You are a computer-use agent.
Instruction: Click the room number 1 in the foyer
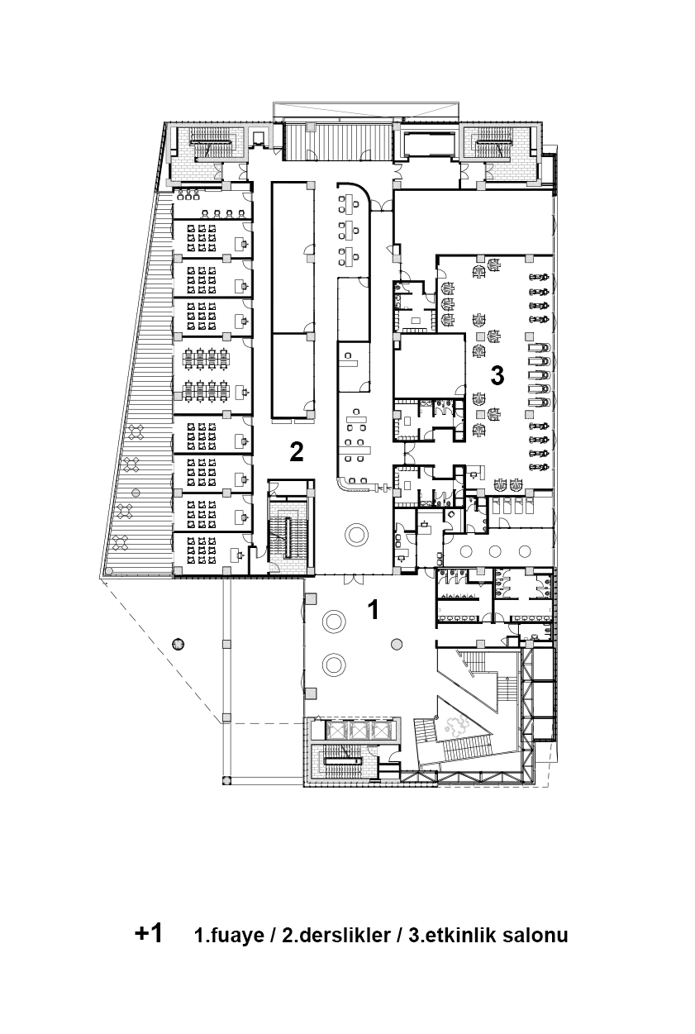[374, 609]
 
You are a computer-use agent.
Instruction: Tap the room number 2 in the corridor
[297, 451]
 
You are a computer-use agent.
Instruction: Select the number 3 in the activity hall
[497, 375]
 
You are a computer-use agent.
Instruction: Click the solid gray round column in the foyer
[397, 644]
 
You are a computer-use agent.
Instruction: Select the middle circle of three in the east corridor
[495, 550]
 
